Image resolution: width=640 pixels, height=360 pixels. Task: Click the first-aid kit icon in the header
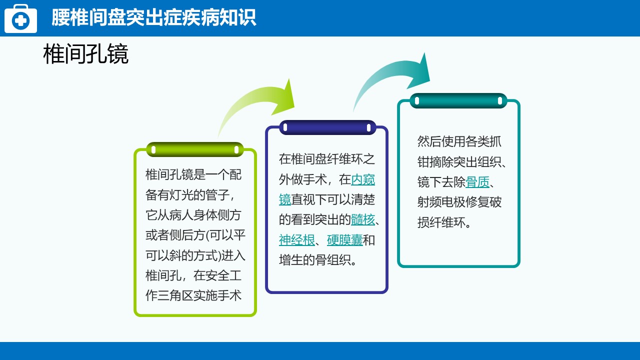coord(20,18)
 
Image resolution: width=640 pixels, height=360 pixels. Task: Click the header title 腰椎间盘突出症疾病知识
coord(153,17)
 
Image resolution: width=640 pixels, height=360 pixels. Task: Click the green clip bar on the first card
coord(195,149)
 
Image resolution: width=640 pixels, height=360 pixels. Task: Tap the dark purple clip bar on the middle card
coord(327,127)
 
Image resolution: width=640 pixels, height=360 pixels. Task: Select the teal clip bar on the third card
coord(458,101)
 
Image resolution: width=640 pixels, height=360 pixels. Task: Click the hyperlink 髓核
coord(362,219)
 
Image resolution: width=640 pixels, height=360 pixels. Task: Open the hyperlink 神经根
coord(296,240)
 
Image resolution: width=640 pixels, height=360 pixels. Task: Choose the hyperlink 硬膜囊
coord(345,240)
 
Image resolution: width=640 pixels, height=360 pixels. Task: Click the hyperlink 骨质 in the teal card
coord(477,182)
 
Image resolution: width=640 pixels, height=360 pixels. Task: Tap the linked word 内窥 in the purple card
coord(363,179)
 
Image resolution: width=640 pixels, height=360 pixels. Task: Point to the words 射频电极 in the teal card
coord(441,202)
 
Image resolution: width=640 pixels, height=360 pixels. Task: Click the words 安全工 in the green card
coord(217,275)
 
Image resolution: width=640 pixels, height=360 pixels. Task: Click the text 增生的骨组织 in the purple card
coord(315,260)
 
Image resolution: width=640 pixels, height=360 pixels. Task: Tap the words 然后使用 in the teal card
coord(441,141)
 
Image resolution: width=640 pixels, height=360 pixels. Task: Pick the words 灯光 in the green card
coord(181,195)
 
